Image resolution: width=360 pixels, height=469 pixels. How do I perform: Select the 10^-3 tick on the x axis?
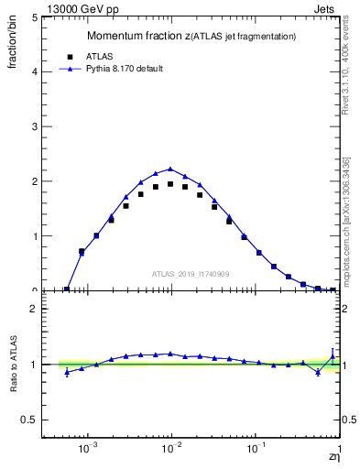click(88, 449)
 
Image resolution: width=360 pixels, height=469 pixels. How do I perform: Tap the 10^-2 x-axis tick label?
click(171, 449)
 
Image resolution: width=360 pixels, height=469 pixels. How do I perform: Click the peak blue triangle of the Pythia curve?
click(170, 169)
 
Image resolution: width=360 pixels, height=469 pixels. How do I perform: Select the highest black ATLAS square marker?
click(170, 184)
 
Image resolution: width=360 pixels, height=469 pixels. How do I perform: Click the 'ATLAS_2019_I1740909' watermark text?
click(190, 274)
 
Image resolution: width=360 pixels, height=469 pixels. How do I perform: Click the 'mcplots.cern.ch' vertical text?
click(346, 243)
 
